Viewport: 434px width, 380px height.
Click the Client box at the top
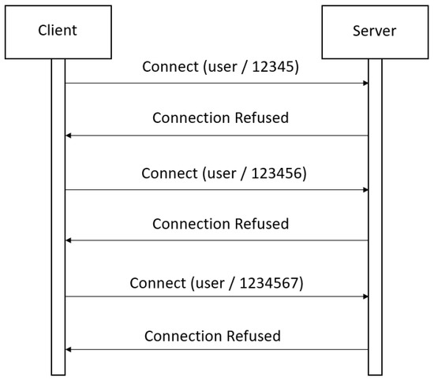pyautogui.click(x=58, y=32)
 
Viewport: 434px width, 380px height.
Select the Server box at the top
pyautogui.click(x=374, y=32)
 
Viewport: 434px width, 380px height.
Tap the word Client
pyautogui.click(x=58, y=32)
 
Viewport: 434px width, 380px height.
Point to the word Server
pyautogui.click(x=374, y=32)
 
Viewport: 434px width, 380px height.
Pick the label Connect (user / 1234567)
pyautogui.click(x=216, y=281)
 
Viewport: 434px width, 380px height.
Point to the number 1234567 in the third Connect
pyautogui.click(x=275, y=281)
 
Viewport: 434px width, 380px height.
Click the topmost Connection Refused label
pyautogui.click(x=220, y=118)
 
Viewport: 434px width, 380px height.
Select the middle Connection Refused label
pyautogui.click(x=220, y=224)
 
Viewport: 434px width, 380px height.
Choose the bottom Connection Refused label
pyautogui.click(x=212, y=336)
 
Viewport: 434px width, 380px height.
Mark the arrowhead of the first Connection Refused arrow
pyautogui.click(x=69, y=136)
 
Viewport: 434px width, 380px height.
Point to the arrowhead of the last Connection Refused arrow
pyautogui.click(x=69, y=349)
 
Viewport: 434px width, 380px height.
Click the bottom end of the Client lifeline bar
pyautogui.click(x=58, y=372)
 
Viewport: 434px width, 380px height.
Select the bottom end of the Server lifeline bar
pyautogui.click(x=374, y=372)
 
